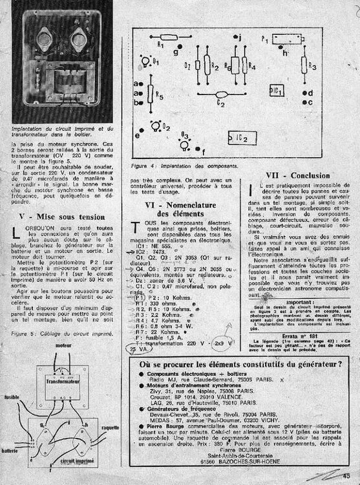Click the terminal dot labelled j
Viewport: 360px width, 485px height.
point(221,38)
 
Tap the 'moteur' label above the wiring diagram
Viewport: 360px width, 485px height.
point(64,346)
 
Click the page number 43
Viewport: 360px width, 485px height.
point(346,477)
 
